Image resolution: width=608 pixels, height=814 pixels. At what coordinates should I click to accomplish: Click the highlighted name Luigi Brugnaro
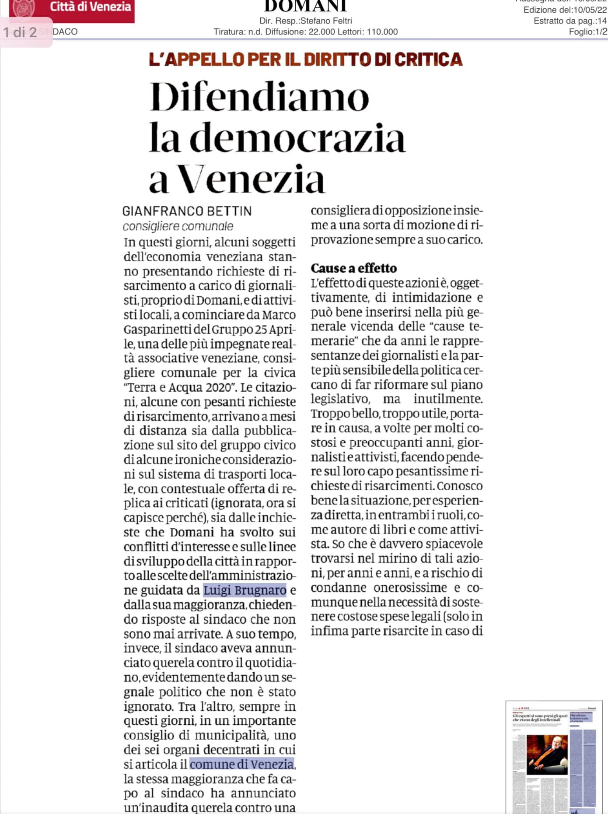[x=245, y=590]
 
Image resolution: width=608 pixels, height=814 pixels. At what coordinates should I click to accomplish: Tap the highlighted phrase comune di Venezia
[x=242, y=764]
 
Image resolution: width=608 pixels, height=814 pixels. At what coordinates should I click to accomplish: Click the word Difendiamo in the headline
[x=259, y=97]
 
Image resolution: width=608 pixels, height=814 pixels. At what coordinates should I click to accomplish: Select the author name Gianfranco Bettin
[x=187, y=211]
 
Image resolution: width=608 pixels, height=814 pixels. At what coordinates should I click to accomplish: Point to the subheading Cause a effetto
[x=353, y=268]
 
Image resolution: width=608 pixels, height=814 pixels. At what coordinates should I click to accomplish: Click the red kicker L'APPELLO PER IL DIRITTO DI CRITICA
[x=305, y=60]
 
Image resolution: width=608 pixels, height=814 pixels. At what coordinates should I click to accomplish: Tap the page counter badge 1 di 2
[x=20, y=32]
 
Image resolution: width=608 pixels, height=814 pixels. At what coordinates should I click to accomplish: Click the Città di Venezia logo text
[x=90, y=7]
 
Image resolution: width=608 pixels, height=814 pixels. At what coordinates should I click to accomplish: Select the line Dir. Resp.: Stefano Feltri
[x=305, y=21]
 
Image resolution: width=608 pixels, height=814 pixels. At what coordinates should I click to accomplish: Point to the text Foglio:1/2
[x=587, y=32]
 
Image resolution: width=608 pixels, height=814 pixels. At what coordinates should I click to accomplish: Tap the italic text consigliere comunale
[x=178, y=226]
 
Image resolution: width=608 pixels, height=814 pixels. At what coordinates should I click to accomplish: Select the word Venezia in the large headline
[x=252, y=179]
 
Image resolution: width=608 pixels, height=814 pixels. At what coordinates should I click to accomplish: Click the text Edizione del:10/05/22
[x=565, y=10]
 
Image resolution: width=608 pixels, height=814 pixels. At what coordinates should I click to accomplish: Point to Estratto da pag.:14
[x=570, y=21]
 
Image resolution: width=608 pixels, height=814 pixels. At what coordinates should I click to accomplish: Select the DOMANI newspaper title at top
[x=305, y=5]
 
